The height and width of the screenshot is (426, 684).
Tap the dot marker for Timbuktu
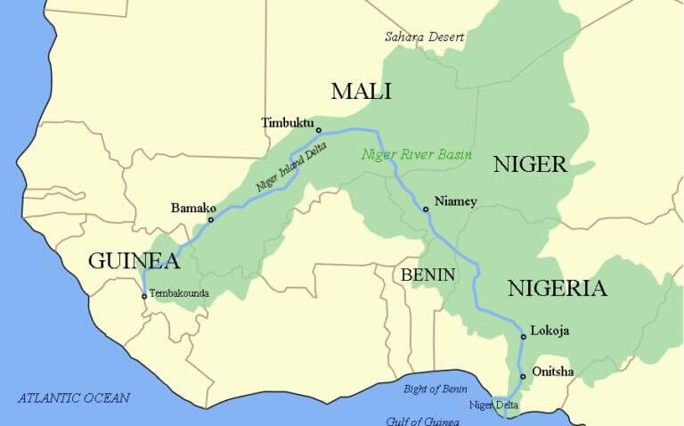[x=319, y=130]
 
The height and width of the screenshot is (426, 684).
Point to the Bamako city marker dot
[x=211, y=220]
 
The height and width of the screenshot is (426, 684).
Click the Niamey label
[x=455, y=201]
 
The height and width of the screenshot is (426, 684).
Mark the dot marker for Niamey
[x=426, y=209]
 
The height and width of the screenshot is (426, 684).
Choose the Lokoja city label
[x=550, y=331]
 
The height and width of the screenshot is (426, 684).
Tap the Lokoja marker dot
[x=523, y=337]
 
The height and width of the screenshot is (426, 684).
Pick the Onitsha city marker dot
[x=523, y=377]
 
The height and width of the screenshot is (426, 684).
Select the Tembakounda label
[x=179, y=292]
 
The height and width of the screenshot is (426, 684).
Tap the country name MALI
[x=361, y=91]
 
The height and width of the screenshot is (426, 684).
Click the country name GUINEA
[x=134, y=261]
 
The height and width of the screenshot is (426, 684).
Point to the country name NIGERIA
[x=558, y=288]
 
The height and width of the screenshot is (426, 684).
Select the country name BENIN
[x=427, y=274]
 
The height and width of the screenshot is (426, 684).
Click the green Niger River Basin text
[x=415, y=154]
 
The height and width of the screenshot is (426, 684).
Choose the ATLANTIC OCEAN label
[x=74, y=398]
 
